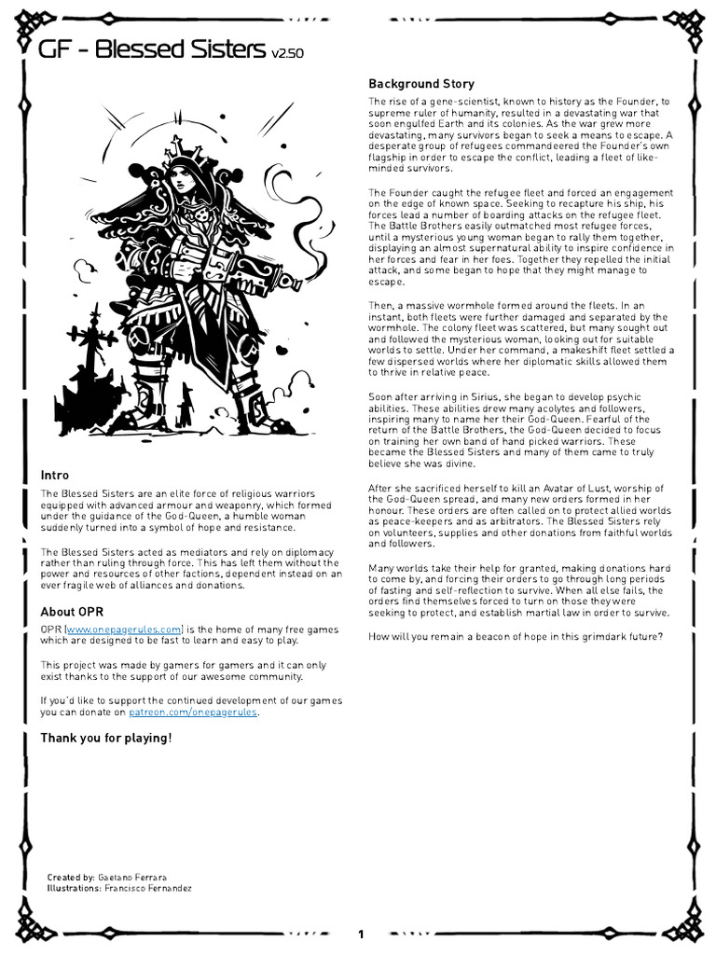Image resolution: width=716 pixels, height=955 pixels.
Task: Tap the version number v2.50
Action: [x=287, y=54]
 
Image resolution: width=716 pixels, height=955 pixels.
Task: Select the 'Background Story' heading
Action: [x=420, y=84]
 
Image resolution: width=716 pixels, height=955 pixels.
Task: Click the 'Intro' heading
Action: [x=54, y=475]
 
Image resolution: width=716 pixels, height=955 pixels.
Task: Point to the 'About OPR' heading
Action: [x=72, y=612]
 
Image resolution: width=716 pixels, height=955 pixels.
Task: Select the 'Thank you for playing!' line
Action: [x=105, y=738]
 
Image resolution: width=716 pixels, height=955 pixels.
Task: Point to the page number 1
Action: [x=361, y=934]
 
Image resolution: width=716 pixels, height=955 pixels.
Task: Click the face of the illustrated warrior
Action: [x=178, y=181]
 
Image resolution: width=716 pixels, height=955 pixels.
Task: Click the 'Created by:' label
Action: [x=71, y=878]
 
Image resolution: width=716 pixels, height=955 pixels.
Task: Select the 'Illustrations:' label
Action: [x=74, y=889]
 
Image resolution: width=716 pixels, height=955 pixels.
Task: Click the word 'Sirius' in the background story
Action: [x=464, y=397]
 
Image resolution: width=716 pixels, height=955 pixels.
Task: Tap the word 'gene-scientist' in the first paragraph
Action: [x=454, y=102]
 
